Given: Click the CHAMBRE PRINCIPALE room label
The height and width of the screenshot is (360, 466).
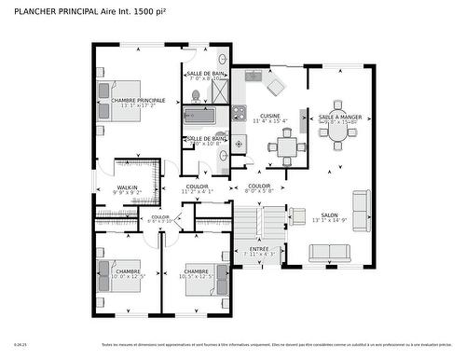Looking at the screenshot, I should coord(138,101).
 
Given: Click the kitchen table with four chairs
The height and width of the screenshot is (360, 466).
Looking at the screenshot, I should coord(286,146).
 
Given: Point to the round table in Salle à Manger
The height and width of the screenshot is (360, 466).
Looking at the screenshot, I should coord(337,132).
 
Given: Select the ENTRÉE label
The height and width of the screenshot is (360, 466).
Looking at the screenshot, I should coord(260,249).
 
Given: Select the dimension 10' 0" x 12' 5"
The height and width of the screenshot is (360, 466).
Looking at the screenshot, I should coord(128,277).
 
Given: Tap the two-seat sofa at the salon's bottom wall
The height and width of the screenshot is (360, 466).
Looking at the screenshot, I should coord(329,252).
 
